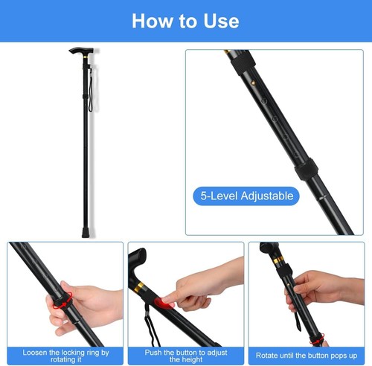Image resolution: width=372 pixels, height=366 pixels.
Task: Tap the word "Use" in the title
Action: point(219,20)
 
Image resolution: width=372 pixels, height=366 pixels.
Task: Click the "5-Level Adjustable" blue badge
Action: point(246,196)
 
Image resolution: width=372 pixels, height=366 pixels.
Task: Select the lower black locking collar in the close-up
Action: point(307,170)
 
